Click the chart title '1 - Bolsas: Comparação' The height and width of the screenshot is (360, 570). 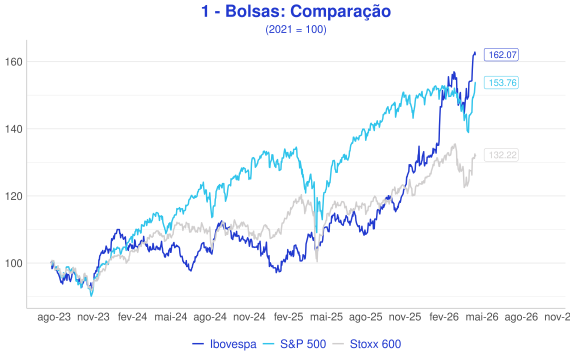coord(296,11)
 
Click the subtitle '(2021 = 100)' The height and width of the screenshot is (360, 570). coord(296,29)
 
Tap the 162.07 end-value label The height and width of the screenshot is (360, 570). coord(501,55)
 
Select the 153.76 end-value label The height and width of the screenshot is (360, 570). coord(501,83)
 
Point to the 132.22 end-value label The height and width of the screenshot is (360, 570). coord(501,155)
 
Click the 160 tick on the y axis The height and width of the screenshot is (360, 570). coord(13,62)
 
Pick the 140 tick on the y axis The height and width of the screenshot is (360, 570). coord(13,129)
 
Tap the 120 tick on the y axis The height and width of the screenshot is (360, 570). coord(13,196)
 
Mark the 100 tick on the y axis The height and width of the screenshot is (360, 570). coord(13,263)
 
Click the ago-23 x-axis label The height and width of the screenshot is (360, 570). coord(54,317)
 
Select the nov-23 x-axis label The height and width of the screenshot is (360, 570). coord(93,317)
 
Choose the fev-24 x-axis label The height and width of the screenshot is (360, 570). coord(132,317)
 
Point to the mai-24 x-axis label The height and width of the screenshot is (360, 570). coord(171,317)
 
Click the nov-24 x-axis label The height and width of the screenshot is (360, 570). coord(249,317)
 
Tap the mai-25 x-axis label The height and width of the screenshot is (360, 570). coord(326,317)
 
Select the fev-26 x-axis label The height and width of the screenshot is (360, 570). coord(444,317)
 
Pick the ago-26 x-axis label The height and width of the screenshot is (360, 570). coord(521,317)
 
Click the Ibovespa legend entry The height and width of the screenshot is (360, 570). coord(224,344)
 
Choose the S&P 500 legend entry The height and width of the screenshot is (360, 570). coord(294,344)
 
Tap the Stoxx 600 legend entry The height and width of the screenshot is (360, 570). coord(367,344)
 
